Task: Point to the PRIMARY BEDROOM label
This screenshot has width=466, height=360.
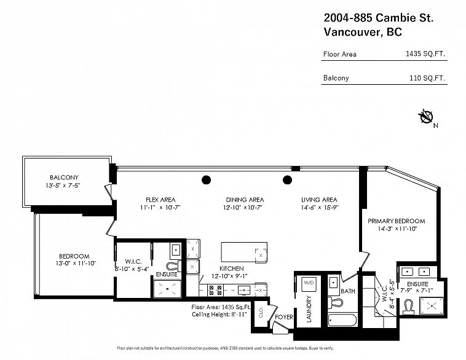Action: click(x=396, y=221)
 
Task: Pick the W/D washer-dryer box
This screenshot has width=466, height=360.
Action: click(x=309, y=283)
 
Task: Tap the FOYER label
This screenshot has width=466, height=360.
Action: click(x=283, y=318)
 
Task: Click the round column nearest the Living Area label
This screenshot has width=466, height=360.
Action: click(x=286, y=180)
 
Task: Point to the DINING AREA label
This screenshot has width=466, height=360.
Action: click(x=244, y=200)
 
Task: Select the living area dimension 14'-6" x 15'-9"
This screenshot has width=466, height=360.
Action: click(x=320, y=208)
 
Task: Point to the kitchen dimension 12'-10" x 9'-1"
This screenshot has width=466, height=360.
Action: click(x=228, y=276)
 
